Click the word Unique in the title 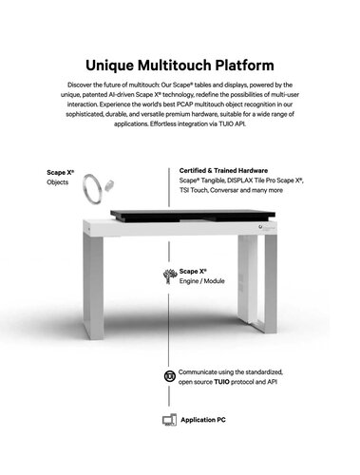[109, 66]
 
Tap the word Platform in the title [244, 66]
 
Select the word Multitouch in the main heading [175, 66]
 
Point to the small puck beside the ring [109, 185]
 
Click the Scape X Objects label [60, 178]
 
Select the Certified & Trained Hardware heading [223, 171]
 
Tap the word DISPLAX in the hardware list [239, 180]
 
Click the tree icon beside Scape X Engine [170, 276]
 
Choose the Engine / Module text [201, 281]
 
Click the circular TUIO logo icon [170, 376]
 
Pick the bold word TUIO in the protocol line [221, 382]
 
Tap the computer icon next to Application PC [169, 420]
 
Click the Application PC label [203, 420]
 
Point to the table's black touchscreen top [193, 216]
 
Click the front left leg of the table [93, 286]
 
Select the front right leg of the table [271, 284]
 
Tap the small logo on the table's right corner [260, 227]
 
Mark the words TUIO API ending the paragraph [232, 123]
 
